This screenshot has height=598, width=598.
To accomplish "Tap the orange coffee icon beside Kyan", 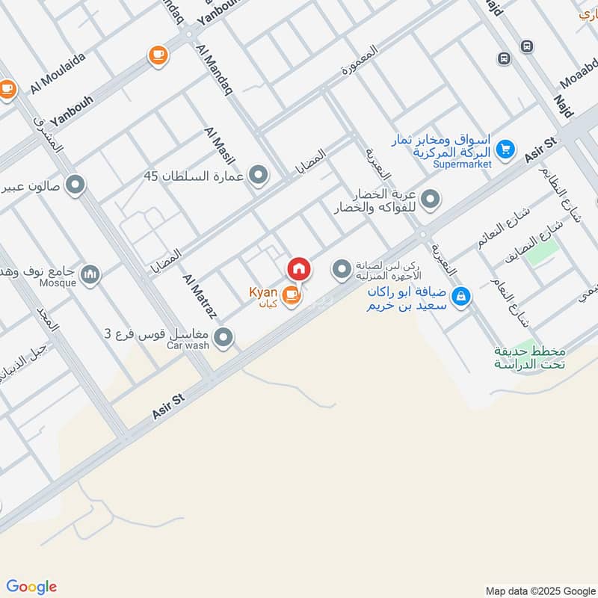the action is click(x=293, y=297).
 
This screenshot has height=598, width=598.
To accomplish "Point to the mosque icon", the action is click(x=90, y=276).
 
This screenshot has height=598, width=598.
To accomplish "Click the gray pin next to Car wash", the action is click(x=223, y=339).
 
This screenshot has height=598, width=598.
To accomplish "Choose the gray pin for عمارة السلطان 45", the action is click(x=259, y=176).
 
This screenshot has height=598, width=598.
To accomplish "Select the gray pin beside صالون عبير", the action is click(x=75, y=184).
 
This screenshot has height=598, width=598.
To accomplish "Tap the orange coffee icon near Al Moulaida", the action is click(x=158, y=55).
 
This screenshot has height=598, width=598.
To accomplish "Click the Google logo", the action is click(x=31, y=587).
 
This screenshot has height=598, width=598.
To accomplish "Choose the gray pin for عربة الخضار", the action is click(x=430, y=200).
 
